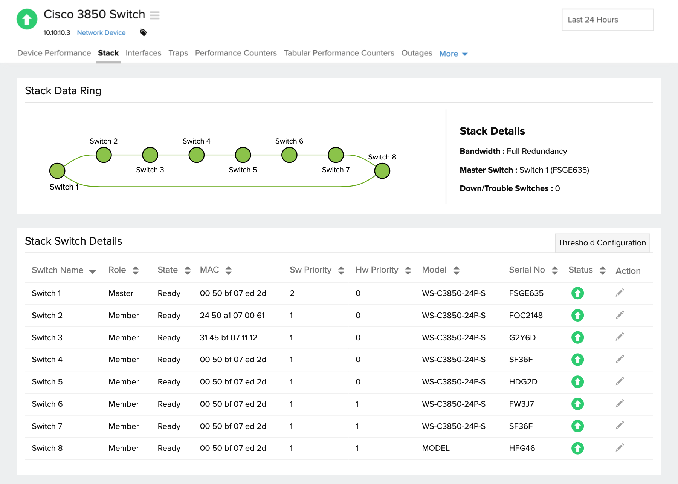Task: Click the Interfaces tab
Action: (143, 53)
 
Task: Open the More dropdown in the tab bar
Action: (453, 54)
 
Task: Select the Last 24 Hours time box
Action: (607, 20)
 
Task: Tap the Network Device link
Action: (101, 33)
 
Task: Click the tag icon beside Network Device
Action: (144, 32)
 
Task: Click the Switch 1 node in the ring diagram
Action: (57, 171)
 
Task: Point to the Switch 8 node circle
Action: (382, 171)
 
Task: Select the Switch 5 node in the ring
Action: (243, 155)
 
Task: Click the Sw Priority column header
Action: (311, 270)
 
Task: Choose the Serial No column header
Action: (527, 270)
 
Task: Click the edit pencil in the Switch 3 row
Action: (620, 337)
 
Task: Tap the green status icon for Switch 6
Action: (577, 404)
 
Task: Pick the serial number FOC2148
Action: (525, 316)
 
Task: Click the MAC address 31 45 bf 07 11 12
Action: (228, 338)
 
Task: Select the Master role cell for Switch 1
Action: (121, 293)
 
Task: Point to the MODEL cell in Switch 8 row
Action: (436, 448)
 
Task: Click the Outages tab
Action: (417, 53)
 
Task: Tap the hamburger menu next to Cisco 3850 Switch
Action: (155, 15)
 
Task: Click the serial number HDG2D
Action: (523, 382)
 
